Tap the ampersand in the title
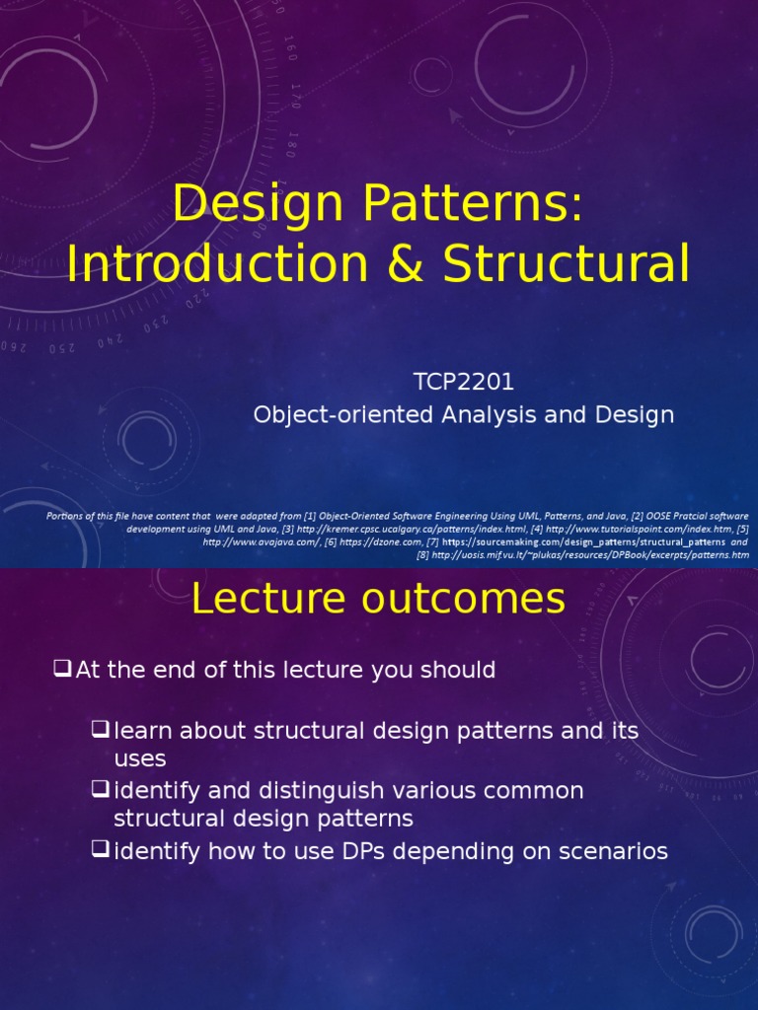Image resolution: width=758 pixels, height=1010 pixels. [x=414, y=263]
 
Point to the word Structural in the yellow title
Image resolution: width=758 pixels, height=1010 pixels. [x=566, y=263]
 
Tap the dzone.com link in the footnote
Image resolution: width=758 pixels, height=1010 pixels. [x=379, y=541]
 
